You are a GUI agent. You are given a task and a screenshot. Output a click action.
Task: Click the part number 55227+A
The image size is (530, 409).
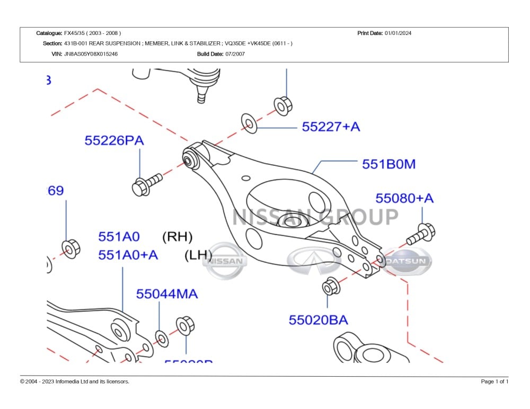331,127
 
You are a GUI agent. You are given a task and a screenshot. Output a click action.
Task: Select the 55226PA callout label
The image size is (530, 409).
114,141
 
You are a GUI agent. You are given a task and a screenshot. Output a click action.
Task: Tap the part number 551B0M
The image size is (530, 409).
388,164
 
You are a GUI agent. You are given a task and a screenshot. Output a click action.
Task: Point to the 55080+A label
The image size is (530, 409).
404,198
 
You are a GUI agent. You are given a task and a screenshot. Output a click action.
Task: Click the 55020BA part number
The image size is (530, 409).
318,320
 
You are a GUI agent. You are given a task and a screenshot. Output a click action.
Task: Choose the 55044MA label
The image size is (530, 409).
167,294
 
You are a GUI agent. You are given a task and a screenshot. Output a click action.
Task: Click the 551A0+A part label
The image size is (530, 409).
128,255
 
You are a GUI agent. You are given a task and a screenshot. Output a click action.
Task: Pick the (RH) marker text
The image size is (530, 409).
177,236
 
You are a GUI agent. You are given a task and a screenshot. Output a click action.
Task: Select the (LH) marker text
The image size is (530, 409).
198,255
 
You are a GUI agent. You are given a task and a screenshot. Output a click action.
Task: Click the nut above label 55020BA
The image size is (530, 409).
330,287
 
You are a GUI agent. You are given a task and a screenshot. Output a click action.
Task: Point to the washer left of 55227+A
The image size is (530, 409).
249,123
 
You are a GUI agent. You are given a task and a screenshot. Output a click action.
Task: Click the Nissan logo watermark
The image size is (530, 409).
225,261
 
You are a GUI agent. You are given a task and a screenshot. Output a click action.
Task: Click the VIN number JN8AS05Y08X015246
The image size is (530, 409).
91,54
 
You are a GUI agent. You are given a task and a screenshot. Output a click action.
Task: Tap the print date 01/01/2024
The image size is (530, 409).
398,33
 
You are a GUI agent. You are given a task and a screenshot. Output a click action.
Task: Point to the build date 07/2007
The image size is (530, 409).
235,54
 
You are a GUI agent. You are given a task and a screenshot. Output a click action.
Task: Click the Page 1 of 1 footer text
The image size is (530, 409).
494,381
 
